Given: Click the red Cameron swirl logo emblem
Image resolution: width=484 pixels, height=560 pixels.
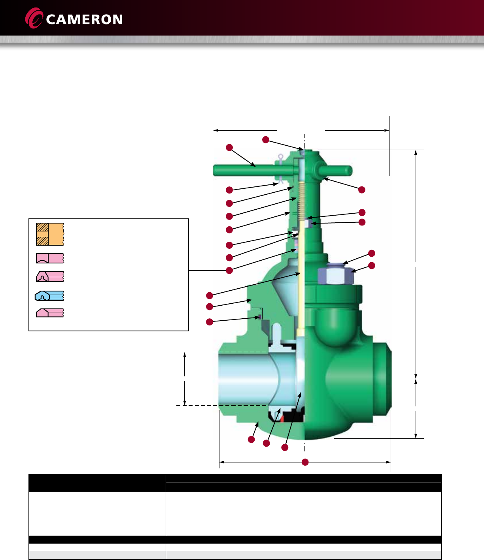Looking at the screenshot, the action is [x=34, y=18].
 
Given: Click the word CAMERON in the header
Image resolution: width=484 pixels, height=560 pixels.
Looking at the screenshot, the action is [x=84, y=19].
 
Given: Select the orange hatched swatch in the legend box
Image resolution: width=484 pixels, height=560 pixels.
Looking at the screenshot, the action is [x=50, y=234].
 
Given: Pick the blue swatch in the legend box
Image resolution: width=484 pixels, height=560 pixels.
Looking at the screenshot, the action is [x=49, y=295].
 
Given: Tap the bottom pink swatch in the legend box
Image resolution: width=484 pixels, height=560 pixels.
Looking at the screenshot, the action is [x=50, y=313].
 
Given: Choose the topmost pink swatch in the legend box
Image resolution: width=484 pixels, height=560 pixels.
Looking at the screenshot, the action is [x=50, y=258].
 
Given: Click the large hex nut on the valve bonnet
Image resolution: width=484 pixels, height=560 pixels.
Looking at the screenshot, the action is [x=336, y=276].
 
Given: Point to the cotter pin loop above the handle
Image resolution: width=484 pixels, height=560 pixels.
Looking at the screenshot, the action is [x=280, y=157].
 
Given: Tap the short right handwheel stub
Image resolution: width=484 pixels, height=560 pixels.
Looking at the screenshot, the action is [x=335, y=171].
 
